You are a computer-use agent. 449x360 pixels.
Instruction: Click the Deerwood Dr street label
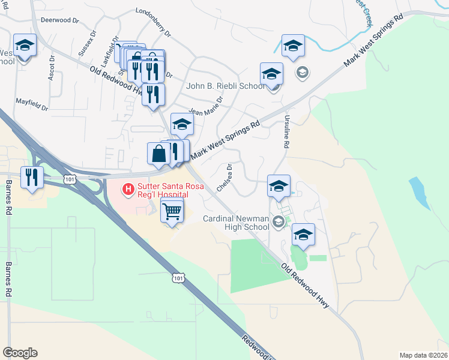(x=59, y=20)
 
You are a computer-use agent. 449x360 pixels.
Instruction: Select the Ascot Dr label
(x=50, y=70)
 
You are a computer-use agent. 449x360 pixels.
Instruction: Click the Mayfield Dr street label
(x=32, y=104)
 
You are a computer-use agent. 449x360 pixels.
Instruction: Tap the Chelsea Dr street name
(x=224, y=178)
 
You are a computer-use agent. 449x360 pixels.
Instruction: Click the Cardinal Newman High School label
(x=235, y=223)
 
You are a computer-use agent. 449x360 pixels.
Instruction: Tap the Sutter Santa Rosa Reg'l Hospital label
(x=163, y=191)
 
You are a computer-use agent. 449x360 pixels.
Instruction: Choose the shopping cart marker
(x=172, y=211)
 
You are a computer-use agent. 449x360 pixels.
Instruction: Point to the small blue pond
(x=420, y=192)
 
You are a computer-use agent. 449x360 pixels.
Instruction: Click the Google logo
(x=20, y=353)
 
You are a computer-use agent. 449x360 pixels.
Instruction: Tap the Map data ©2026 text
(x=424, y=355)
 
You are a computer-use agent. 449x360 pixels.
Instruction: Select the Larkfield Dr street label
(x=107, y=53)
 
